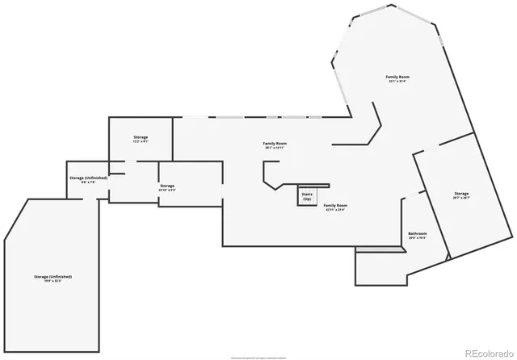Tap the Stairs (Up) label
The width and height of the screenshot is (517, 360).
tap(307, 196)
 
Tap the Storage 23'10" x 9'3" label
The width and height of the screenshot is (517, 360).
tap(166, 186)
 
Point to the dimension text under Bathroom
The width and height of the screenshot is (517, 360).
tap(418, 238)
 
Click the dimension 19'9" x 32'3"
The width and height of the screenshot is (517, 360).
tap(53, 281)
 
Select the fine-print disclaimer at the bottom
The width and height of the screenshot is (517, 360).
tap(258, 356)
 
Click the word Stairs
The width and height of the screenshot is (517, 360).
tap(307, 194)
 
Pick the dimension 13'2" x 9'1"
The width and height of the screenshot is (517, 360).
tap(141, 142)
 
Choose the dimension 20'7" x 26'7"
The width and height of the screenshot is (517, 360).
tap(461, 198)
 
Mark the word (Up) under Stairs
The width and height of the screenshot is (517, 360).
tap(307, 199)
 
